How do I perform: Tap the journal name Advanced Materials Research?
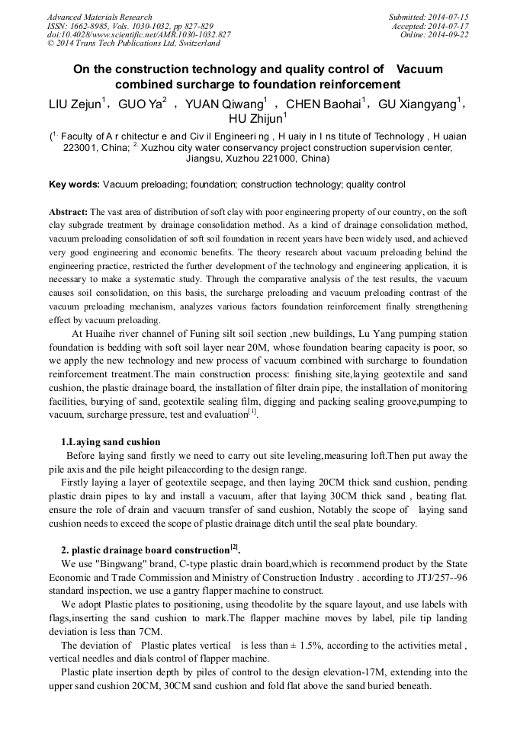coord(99,17)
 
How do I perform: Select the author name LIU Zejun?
coord(74,104)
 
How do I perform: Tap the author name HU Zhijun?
coord(255,118)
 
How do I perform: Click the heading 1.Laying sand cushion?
coord(111,441)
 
